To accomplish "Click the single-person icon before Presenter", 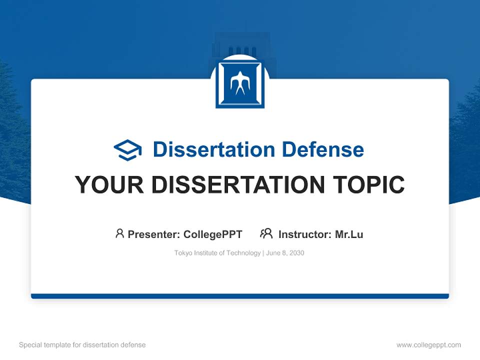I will tap(119, 233).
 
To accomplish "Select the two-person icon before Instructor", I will tap(266, 233).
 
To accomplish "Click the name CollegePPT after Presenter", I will tap(213, 234).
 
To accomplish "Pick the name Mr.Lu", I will tap(349, 234).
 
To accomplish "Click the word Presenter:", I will tap(154, 234).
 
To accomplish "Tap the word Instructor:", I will tap(304, 234).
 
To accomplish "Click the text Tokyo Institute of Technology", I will tap(217, 253).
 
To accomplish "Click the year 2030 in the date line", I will tap(296, 253).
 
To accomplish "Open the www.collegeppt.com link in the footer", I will tap(428, 345).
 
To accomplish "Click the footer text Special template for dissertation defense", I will tap(82, 345).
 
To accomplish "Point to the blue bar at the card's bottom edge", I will tap(240, 296).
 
